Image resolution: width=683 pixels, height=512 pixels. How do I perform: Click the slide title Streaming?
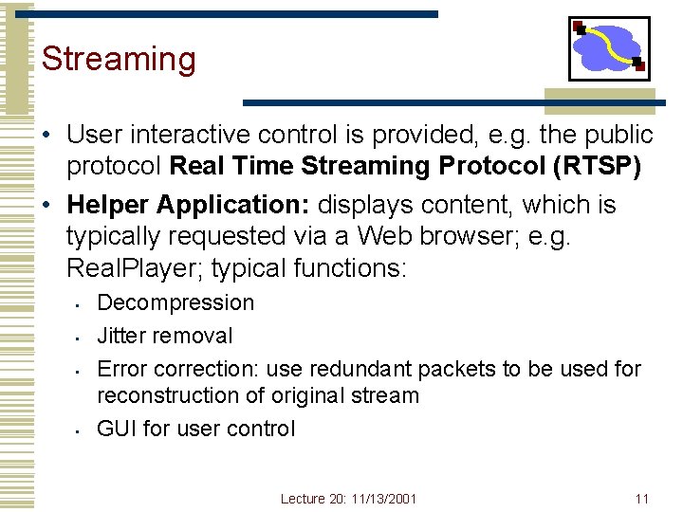(119, 59)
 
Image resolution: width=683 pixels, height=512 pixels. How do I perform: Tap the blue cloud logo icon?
(609, 48)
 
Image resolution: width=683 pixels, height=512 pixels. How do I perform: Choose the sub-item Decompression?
(175, 302)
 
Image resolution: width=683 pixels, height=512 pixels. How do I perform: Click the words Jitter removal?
(164, 336)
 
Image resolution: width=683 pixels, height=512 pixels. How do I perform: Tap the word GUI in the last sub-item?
(117, 429)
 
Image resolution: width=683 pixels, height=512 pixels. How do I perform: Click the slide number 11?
(641, 498)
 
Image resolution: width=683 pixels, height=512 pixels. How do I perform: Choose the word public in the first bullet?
(618, 135)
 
